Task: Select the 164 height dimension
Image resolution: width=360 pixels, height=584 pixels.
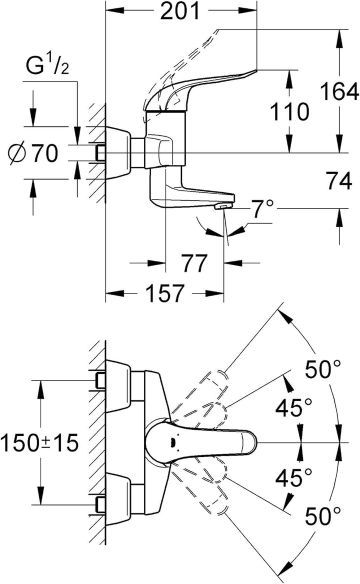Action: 339,91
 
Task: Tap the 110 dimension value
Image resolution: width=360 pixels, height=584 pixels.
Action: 289,111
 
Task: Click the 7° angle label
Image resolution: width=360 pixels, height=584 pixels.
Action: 263,209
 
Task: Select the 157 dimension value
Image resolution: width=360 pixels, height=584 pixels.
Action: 164,293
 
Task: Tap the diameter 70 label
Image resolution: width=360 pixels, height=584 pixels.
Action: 33,152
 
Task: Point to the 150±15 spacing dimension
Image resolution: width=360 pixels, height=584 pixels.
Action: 39,443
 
